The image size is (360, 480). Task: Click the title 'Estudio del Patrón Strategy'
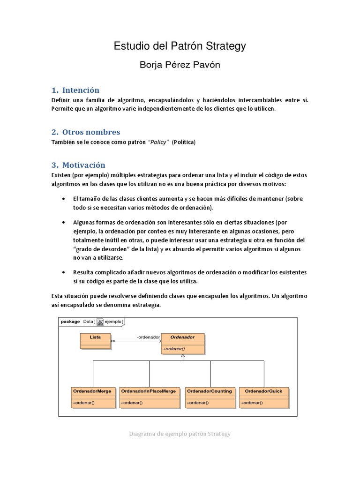tap(180, 46)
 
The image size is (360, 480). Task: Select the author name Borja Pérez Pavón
tap(180, 65)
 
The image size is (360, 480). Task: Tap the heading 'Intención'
tap(81, 90)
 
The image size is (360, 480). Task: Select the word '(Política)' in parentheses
tap(183, 142)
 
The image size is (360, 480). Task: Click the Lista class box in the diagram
tap(95, 341)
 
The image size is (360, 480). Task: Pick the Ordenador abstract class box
tap(183, 343)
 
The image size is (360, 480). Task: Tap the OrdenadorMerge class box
tap(93, 397)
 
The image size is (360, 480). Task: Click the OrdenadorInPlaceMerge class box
tap(150, 397)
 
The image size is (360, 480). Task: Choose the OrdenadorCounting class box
tap(210, 397)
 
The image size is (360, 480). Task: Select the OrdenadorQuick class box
tap(264, 397)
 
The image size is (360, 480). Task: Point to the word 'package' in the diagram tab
tap(70, 322)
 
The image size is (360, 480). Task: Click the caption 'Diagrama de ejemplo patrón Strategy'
tap(180, 434)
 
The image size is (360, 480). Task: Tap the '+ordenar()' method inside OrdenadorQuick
tap(252, 403)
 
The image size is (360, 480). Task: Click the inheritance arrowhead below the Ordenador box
tap(183, 357)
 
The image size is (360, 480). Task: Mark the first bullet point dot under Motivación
tap(64, 199)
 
